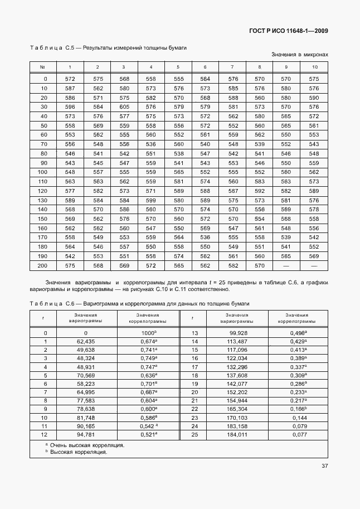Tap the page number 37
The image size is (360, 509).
pyautogui.click(x=324, y=467)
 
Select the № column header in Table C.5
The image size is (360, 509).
pyautogui.click(x=43, y=67)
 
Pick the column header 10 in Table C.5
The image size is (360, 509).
pyautogui.click(x=314, y=67)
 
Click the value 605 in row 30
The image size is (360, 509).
pyautogui.click(x=124, y=106)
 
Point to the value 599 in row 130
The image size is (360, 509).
pyautogui.click(x=150, y=200)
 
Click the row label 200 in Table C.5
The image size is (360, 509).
pyautogui.click(x=43, y=266)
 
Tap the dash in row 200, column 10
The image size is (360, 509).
pyautogui.click(x=314, y=266)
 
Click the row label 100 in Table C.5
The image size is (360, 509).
pyautogui.click(x=43, y=172)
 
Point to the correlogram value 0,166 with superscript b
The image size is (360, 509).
pyautogui.click(x=299, y=409)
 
